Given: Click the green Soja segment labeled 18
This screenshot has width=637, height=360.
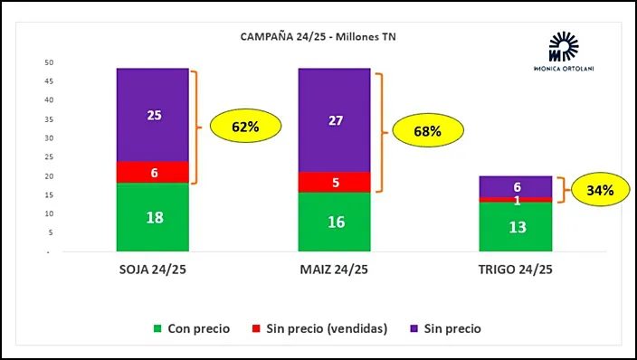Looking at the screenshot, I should [x=153, y=217].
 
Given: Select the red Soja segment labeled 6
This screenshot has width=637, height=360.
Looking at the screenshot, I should [x=153, y=173].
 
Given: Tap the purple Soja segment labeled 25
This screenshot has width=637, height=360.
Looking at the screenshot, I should [x=153, y=115].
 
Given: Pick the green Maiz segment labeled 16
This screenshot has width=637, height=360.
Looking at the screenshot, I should [x=335, y=222].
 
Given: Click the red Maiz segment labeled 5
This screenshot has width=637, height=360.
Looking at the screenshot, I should [x=335, y=182].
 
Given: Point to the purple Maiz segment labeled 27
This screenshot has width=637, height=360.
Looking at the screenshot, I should [x=335, y=119].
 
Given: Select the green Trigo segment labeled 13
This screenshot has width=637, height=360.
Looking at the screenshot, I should [x=515, y=226].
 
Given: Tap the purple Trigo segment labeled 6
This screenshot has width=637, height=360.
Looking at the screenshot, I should [x=515, y=185].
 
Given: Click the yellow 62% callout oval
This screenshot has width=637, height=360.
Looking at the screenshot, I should [x=245, y=127].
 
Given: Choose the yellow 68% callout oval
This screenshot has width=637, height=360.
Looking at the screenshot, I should [x=427, y=131].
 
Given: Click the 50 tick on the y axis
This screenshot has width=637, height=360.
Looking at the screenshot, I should [x=51, y=62].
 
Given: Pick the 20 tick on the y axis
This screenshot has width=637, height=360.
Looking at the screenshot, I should [x=51, y=176].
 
